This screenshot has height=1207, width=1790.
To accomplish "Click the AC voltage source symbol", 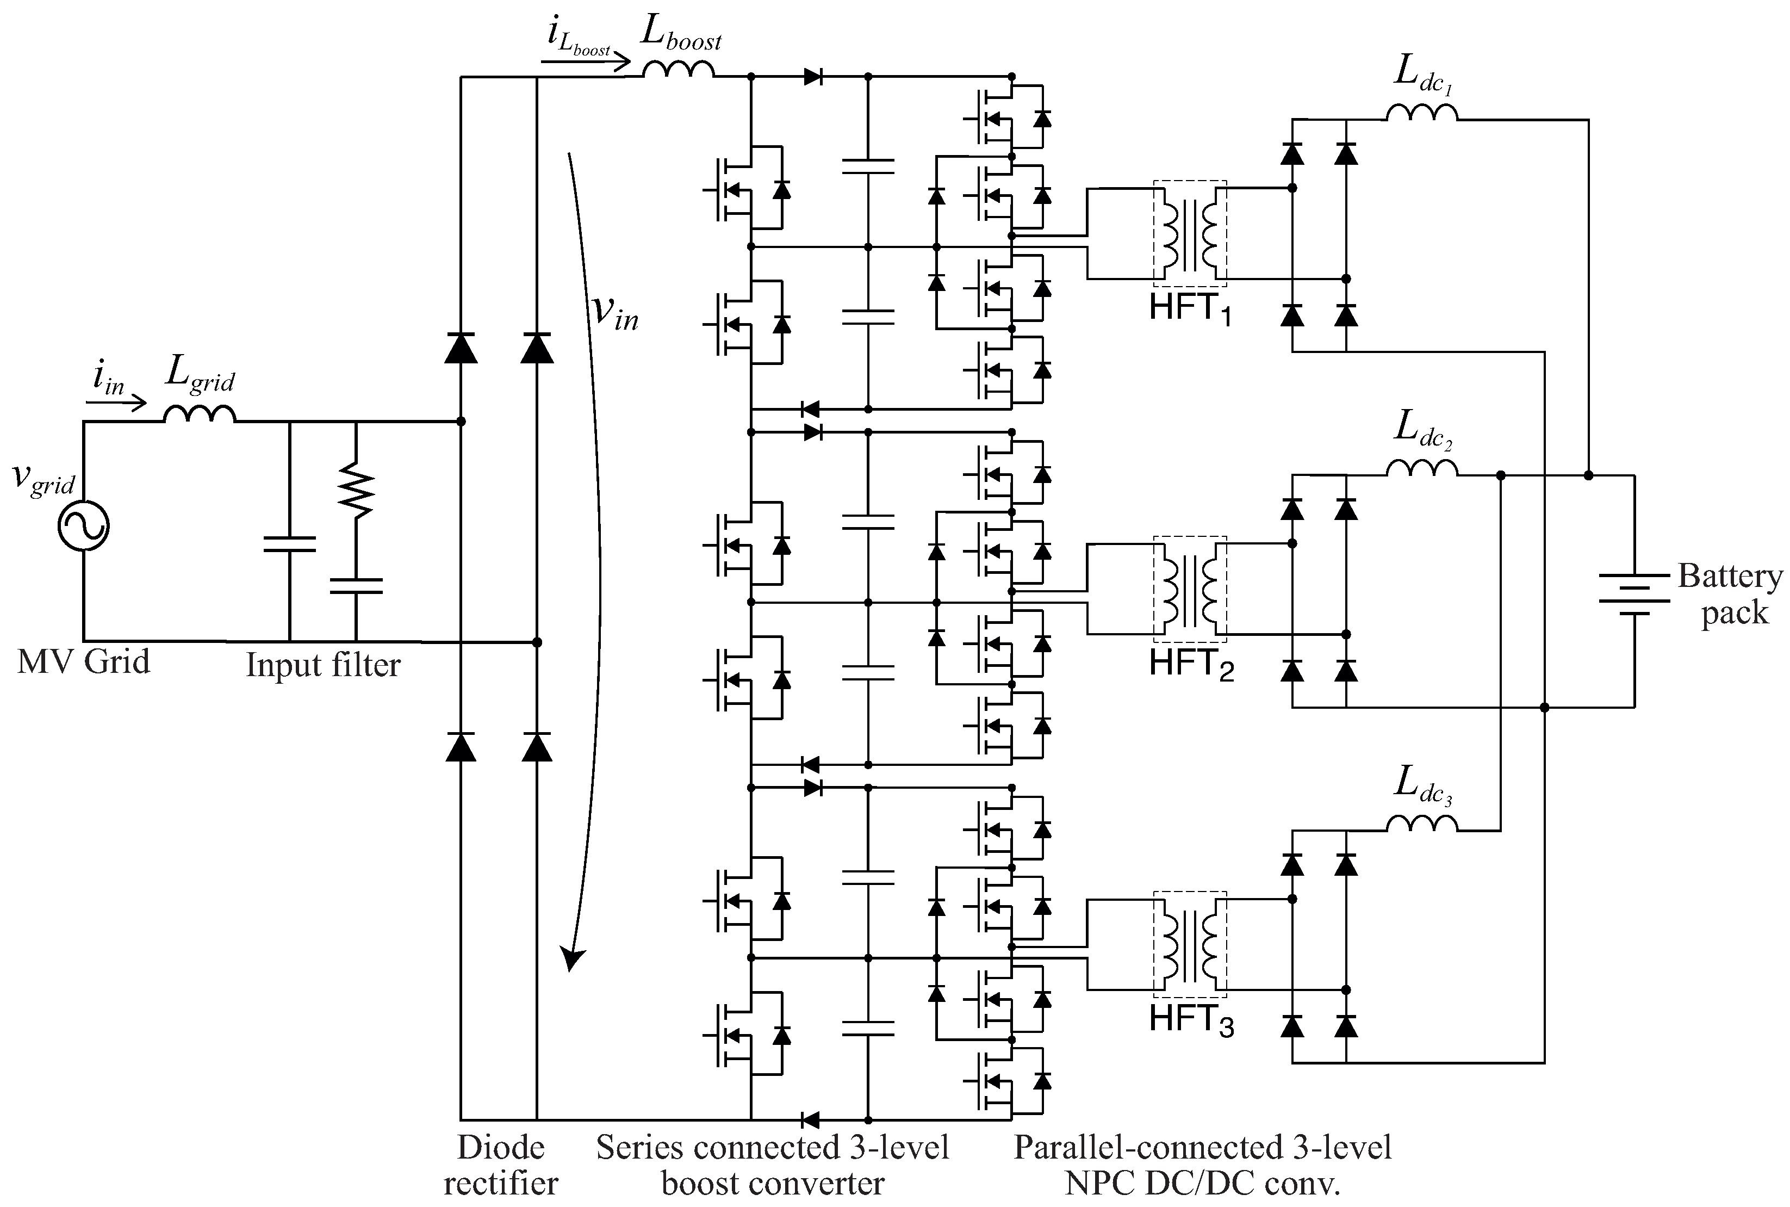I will tap(83, 526).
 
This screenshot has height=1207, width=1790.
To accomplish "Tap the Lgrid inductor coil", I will tap(200, 415).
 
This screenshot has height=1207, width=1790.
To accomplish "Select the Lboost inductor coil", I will tap(678, 70).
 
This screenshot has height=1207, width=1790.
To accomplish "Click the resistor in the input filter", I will tap(356, 489).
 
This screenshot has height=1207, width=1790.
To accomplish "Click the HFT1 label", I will tap(1190, 308).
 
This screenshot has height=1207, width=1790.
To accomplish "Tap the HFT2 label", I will tap(1190, 664).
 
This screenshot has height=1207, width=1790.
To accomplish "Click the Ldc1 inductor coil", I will tap(1421, 113).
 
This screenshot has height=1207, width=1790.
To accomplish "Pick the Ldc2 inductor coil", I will tap(1421, 469).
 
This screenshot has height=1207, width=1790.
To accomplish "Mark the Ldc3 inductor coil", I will tap(1421, 825).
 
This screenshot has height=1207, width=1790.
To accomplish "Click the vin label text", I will tap(615, 312).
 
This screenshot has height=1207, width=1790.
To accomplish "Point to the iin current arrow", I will tap(115, 403).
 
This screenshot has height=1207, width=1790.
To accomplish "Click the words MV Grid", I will tap(83, 662).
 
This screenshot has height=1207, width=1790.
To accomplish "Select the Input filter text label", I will tap(322, 665).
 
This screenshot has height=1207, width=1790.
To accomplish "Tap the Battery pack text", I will tap(1731, 595).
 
